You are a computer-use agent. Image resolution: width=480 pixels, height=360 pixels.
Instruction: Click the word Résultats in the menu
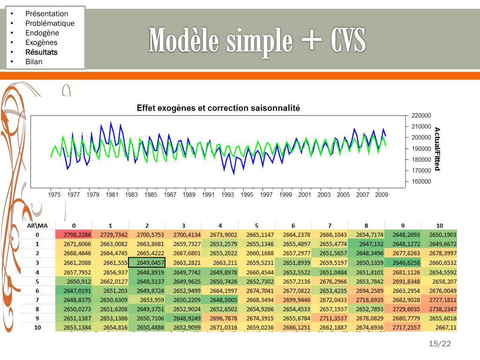click(41, 52)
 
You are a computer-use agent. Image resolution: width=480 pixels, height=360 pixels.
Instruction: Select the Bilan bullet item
click(34, 62)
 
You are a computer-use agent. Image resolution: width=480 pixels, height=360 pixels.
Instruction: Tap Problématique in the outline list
click(50, 23)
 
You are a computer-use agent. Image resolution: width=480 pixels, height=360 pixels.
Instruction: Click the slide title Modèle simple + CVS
click(257, 41)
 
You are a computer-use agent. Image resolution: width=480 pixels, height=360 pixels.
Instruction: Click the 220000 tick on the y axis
click(421, 115)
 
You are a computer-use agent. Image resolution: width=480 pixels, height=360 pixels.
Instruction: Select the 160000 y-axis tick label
click(421, 181)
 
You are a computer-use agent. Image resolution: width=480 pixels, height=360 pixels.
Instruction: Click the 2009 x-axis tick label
click(382, 195)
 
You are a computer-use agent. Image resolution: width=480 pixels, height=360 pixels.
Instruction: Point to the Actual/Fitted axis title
click(437, 149)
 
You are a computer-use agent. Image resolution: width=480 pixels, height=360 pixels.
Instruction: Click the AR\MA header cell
click(37, 225)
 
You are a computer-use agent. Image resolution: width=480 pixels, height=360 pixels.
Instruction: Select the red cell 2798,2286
click(73, 234)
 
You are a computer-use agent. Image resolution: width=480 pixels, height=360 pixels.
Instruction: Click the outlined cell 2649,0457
click(146, 262)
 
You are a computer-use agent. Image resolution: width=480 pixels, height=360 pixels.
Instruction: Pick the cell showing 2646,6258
click(403, 262)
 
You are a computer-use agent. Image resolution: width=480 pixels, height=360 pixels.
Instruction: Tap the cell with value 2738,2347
click(439, 309)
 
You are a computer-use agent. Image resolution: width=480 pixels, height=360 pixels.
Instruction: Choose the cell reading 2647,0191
click(73, 291)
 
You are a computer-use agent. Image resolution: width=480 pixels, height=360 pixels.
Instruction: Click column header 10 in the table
click(439, 225)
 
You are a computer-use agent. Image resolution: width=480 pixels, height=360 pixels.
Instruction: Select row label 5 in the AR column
click(37, 281)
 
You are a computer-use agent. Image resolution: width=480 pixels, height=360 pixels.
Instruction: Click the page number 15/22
click(440, 344)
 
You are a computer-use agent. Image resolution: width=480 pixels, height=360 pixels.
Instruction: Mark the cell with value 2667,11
click(439, 328)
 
